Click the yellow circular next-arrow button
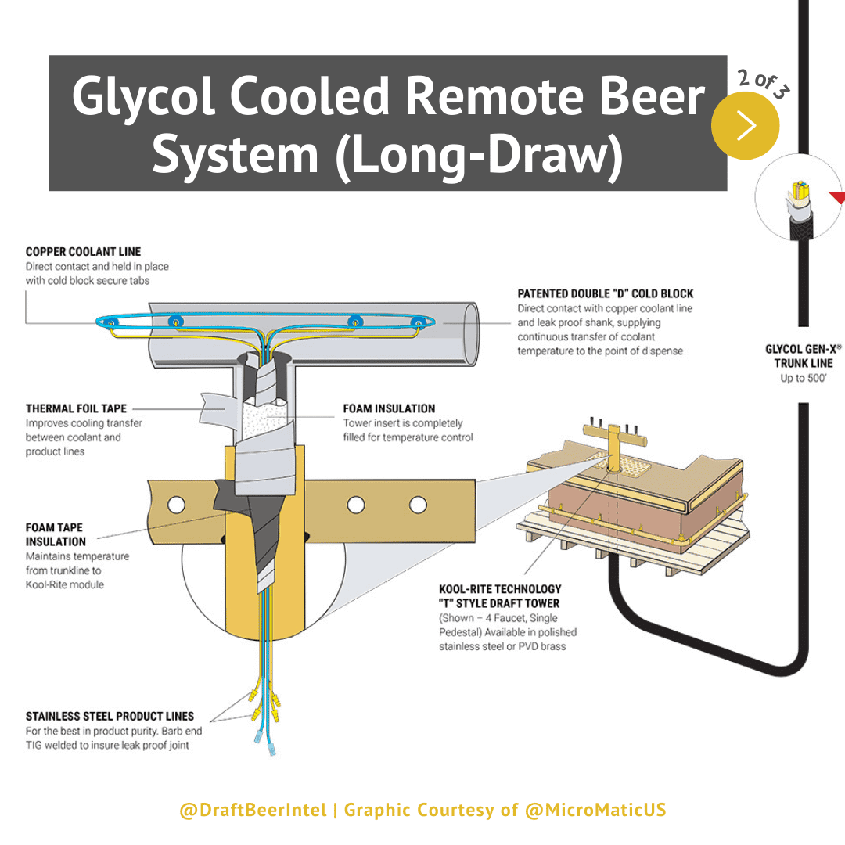click(x=745, y=125)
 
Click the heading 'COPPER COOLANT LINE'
click(x=83, y=252)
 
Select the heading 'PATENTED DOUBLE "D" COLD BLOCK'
click(x=605, y=294)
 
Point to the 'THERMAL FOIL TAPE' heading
click(x=76, y=408)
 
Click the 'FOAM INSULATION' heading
click(x=389, y=408)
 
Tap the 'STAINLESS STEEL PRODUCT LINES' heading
click(x=110, y=716)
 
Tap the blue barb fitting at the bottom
click(x=270, y=743)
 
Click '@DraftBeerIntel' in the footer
click(x=253, y=810)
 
